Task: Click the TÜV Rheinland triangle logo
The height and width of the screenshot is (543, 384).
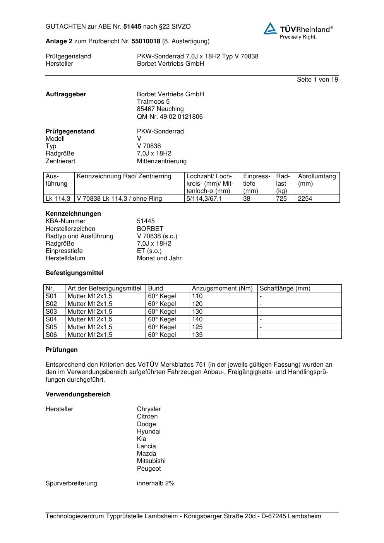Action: [x=270, y=29]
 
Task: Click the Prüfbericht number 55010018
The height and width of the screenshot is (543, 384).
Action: [x=146, y=41]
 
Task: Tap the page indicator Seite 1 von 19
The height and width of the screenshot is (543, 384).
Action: [x=317, y=80]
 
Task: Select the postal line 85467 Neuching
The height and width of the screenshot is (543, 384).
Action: [x=160, y=109]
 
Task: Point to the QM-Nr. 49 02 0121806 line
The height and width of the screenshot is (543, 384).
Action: [x=170, y=117]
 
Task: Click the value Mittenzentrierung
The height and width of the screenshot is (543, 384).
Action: [x=161, y=161]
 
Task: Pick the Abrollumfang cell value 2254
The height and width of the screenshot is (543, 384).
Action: [x=305, y=199]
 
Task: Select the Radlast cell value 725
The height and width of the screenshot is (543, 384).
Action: [x=281, y=199]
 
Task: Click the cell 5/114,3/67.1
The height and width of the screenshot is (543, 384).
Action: [x=204, y=199]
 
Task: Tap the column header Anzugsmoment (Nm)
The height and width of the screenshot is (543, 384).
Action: [x=222, y=289]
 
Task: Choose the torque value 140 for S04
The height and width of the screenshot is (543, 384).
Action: [x=197, y=319]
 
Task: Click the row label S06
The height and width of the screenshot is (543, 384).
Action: [x=51, y=335]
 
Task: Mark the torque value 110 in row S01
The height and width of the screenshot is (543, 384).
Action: [x=197, y=296]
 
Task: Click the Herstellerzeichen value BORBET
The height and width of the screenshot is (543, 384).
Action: [x=150, y=229]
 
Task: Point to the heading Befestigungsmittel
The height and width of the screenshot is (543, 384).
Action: [x=74, y=273]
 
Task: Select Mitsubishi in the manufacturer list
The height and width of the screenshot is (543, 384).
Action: [x=151, y=461]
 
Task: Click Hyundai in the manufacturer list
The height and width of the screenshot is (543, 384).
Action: [x=149, y=432]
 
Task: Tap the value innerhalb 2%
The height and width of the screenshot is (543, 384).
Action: [x=156, y=483]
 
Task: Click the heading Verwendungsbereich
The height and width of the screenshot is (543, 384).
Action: [x=78, y=394]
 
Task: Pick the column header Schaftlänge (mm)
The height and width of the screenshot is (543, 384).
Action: [x=285, y=289]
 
